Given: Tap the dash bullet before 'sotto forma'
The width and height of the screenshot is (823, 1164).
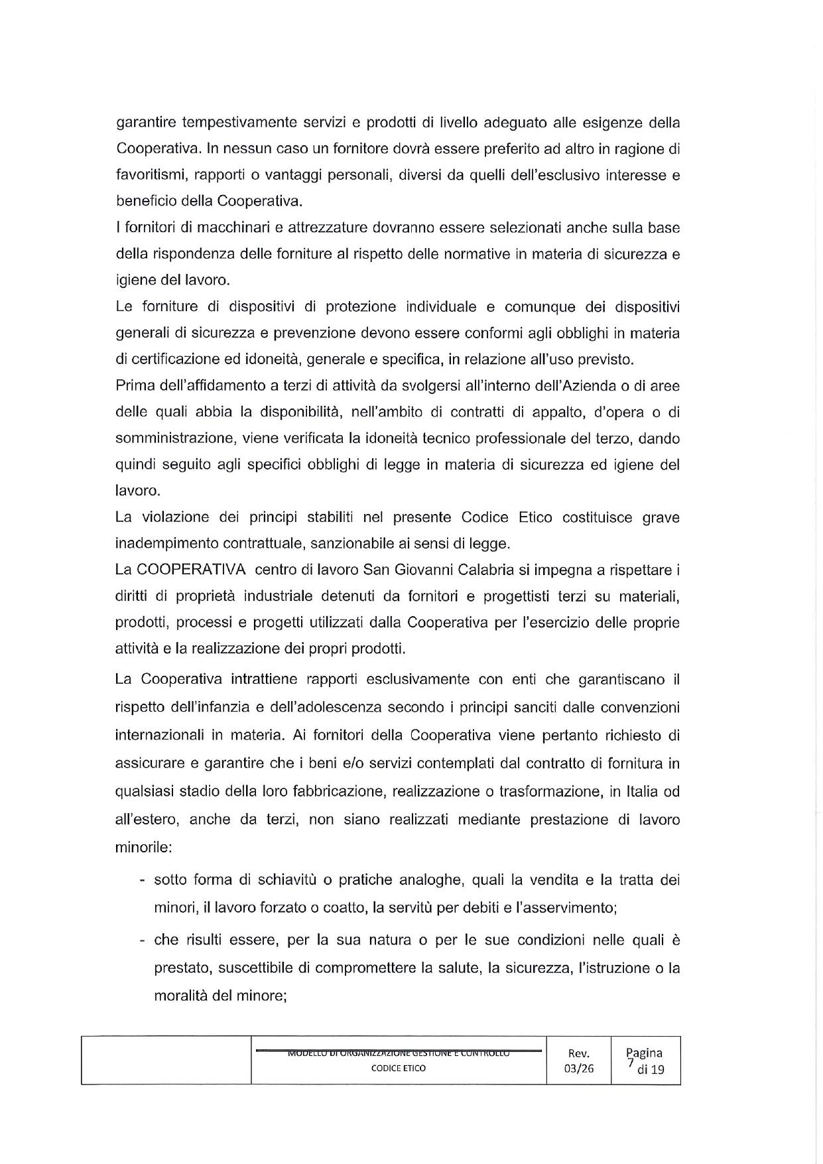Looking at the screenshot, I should point(143,881).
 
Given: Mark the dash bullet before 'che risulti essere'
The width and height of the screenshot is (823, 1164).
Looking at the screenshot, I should point(143,941).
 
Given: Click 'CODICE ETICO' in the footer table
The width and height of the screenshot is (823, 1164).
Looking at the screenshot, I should point(399,1068).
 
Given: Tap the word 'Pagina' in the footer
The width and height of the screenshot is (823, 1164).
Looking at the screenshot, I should point(645,1053).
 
